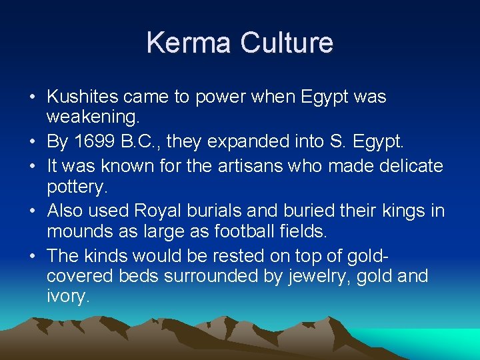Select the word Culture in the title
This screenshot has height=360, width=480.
click(x=286, y=43)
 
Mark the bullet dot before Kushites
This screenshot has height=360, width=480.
click(x=32, y=97)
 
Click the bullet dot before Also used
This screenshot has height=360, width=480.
click(x=32, y=211)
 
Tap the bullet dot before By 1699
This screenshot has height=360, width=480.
click(x=32, y=142)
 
